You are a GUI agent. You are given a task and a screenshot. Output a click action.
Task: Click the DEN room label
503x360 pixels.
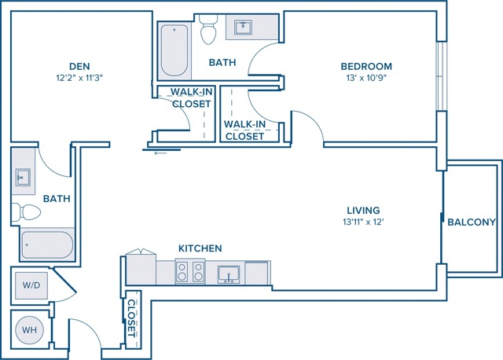tap(79, 66)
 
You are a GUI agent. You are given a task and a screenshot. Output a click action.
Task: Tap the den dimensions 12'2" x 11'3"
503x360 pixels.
tap(79, 78)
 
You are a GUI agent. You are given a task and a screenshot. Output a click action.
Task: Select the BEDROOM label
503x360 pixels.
tap(366, 66)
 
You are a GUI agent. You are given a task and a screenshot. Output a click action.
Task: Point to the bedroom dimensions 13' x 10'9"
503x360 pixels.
tap(366, 78)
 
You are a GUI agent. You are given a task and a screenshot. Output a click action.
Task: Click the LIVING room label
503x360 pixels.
tap(363, 211)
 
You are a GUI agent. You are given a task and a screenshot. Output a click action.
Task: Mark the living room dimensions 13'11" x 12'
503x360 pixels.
tap(363, 222)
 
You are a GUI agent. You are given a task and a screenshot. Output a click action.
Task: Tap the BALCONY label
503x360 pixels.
tap(472, 222)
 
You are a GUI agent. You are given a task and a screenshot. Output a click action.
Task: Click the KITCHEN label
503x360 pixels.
tap(200, 248)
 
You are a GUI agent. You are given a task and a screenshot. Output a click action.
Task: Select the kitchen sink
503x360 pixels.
tap(229, 274)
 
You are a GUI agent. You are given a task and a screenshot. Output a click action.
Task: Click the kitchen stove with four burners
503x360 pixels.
tap(190, 272)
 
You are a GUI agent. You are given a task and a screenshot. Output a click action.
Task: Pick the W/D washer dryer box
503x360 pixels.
tap(31, 285)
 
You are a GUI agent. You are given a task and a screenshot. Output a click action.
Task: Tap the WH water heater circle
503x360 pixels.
tap(30, 330)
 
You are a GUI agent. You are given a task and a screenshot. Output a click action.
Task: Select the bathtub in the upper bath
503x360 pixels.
tap(174, 50)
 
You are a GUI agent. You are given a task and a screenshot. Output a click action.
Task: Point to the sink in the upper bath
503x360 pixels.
tap(243, 28)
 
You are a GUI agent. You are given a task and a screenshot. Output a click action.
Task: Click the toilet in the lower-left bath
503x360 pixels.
tap(26, 212)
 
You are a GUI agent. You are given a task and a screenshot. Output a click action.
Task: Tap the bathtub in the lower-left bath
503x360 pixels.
tap(47, 244)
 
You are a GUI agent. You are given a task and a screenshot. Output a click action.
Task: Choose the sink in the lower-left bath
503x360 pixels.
tap(23, 178)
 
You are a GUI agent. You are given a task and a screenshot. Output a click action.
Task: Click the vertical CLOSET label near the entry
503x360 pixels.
tap(132, 318)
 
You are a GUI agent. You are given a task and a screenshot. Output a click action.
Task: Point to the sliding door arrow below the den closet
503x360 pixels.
tap(160, 153)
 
